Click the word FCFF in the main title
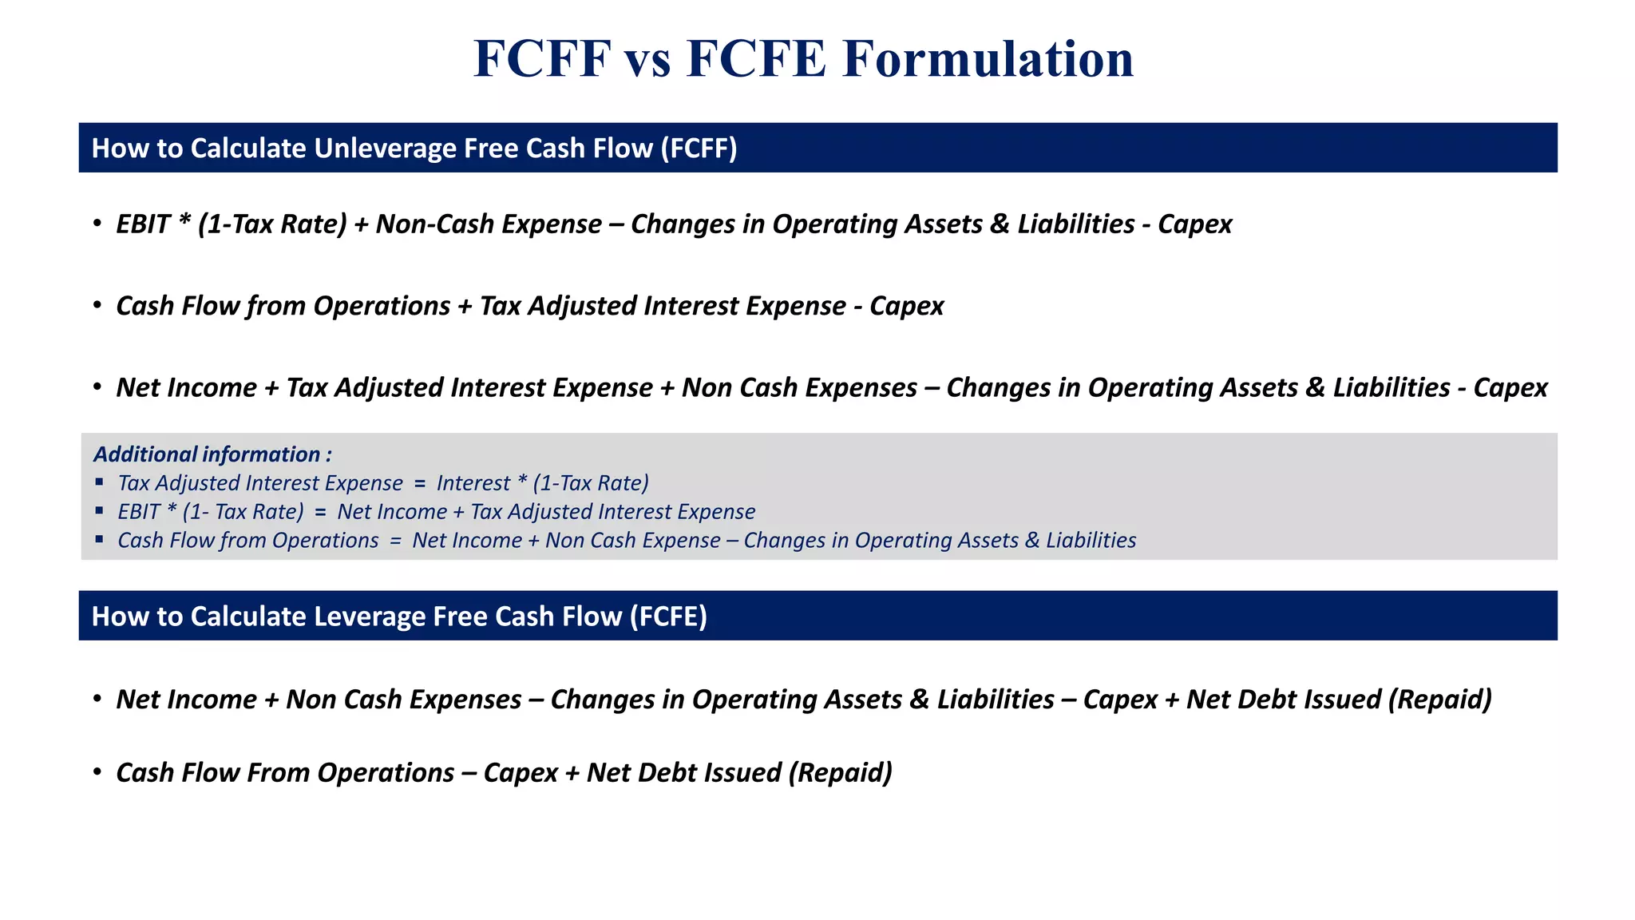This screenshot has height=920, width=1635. click(543, 59)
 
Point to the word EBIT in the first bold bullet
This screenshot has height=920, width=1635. click(143, 224)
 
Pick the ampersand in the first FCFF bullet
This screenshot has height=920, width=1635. click(999, 224)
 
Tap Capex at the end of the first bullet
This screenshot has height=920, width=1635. click(1194, 224)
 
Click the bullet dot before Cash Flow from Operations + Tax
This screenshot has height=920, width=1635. click(97, 305)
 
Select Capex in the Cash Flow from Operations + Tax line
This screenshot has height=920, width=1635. click(906, 307)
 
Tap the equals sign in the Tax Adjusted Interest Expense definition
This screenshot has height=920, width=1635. click(420, 483)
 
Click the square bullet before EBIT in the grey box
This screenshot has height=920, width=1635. click(99, 510)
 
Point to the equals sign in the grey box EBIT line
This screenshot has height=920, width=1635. click(320, 512)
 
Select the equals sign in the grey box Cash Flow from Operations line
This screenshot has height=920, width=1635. click(395, 541)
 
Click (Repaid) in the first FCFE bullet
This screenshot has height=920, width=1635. click(1440, 700)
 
